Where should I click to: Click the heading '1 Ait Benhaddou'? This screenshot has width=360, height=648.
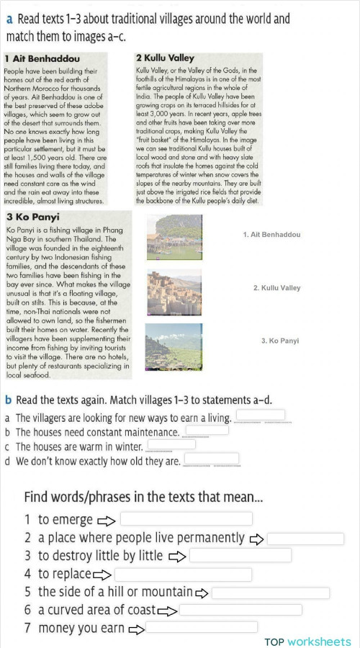[42, 58]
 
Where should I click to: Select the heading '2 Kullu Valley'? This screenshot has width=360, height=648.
[165, 58]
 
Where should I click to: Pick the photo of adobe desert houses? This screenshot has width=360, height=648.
[172, 289]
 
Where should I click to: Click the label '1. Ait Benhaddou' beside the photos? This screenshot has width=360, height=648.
[271, 235]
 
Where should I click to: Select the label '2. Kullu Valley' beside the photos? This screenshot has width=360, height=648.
[276, 288]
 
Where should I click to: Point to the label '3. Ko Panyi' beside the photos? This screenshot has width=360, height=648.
[279, 341]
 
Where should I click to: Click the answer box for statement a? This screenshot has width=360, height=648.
[260, 416]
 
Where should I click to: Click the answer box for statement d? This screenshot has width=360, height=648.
[212, 459]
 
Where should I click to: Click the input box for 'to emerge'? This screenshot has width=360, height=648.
[186, 519]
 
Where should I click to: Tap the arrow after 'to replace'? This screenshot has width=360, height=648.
[102, 575]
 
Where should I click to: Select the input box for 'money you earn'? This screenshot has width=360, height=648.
[192, 627]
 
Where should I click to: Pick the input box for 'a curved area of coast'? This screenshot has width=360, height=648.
[240, 610]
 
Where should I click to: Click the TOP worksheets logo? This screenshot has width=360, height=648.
[307, 642]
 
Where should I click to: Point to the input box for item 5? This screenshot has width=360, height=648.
[270, 593]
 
